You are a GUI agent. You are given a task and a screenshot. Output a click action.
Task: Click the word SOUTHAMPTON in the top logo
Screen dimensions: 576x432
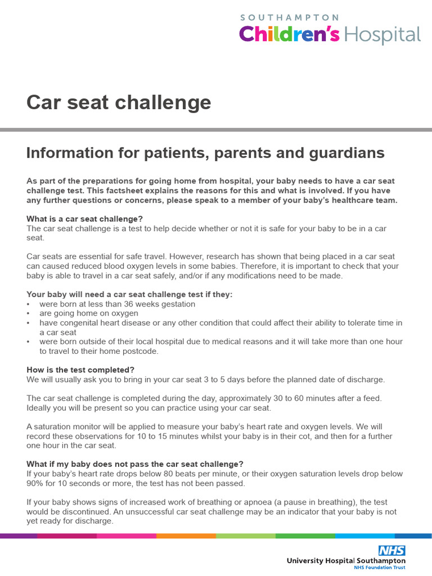click(290, 17)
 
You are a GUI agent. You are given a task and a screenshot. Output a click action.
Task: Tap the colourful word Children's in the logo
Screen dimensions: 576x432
click(289, 35)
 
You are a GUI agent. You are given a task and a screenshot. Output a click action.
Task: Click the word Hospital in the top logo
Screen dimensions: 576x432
click(382, 35)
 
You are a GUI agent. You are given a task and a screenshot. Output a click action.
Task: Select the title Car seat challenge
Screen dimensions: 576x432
click(119, 102)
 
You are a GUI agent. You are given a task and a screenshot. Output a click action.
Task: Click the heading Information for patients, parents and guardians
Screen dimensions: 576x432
click(205, 152)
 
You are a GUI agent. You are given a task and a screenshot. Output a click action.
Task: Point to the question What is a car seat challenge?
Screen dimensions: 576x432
click(85, 219)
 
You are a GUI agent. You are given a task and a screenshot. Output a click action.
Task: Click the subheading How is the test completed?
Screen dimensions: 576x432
click(80, 370)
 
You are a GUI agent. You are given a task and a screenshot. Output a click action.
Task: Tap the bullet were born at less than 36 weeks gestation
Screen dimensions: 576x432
click(117, 304)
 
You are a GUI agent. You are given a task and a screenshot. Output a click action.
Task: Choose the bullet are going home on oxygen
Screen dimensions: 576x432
click(88, 313)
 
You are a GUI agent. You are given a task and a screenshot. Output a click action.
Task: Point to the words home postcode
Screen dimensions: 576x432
click(135, 351)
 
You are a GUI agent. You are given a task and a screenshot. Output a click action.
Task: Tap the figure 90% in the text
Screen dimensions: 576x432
click(35, 483)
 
